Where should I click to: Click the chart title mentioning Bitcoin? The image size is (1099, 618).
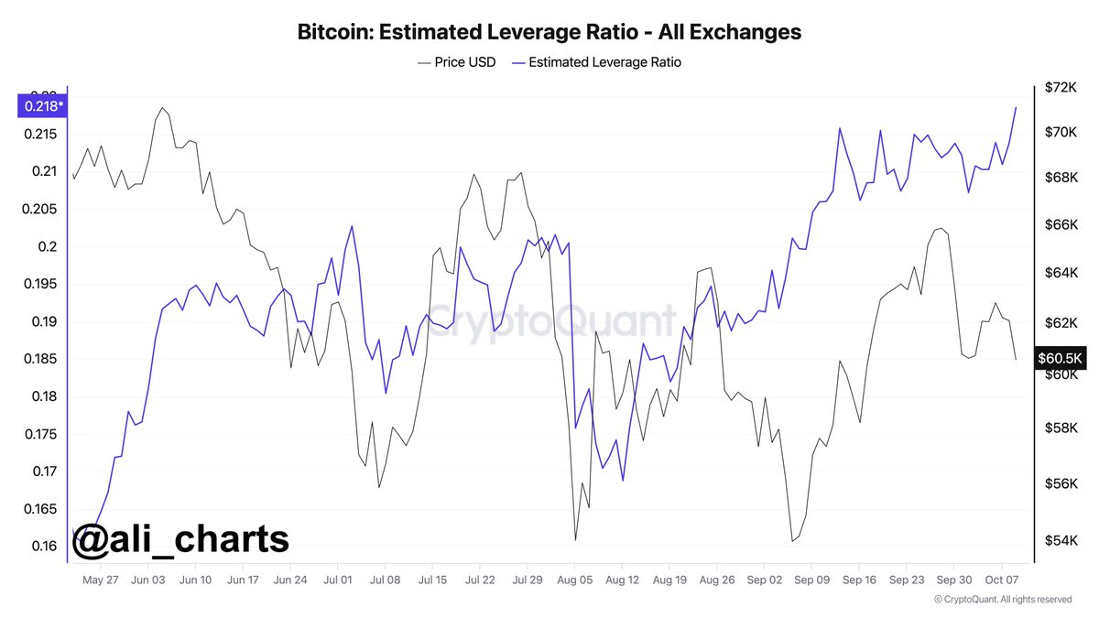(549, 32)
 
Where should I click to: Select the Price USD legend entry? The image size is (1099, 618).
(456, 62)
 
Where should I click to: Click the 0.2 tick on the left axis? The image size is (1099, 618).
(47, 246)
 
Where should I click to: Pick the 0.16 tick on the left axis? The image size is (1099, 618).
(43, 547)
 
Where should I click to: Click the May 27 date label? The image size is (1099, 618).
(101, 580)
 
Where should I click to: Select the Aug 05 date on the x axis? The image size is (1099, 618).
(575, 580)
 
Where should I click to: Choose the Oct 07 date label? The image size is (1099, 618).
(1001, 580)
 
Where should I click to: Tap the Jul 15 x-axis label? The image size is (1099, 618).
(432, 580)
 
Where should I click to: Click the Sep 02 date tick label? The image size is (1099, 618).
(765, 580)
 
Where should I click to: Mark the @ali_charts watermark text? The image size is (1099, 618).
(180, 539)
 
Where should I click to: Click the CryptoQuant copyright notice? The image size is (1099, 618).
(1003, 600)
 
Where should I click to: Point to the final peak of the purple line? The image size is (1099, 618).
(1016, 107)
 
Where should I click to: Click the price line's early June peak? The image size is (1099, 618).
(162, 108)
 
